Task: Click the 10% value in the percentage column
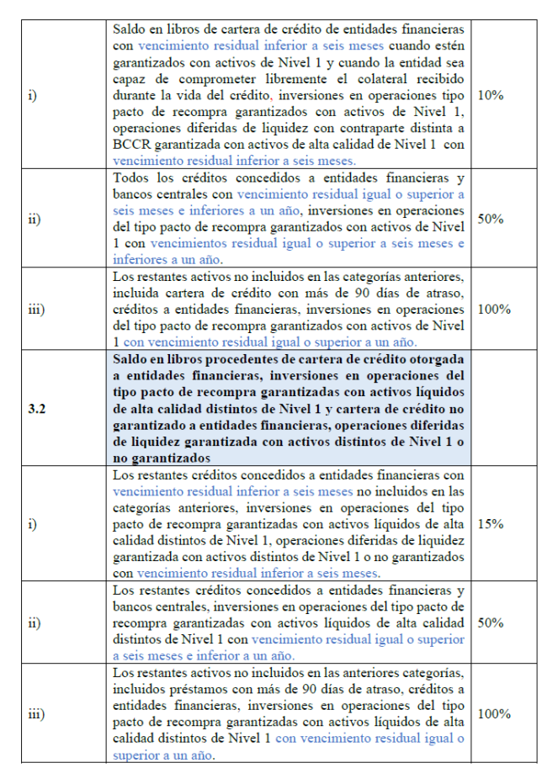(490, 95)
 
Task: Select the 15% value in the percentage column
(490, 523)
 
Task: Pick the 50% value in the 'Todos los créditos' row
(490, 218)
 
